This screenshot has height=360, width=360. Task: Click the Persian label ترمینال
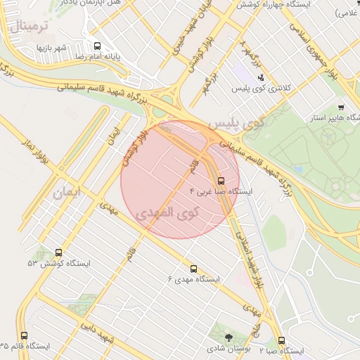(30, 27)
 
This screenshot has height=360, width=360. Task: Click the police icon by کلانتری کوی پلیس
(261, 77)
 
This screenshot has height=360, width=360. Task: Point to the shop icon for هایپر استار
(341, 108)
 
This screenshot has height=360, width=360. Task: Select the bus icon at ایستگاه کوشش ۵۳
(58, 252)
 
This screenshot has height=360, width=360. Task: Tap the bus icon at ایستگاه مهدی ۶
(193, 269)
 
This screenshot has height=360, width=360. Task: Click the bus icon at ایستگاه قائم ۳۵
(25, 336)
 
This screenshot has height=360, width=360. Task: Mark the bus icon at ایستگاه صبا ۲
(282, 340)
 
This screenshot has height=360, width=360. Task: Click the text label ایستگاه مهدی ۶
(194, 280)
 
